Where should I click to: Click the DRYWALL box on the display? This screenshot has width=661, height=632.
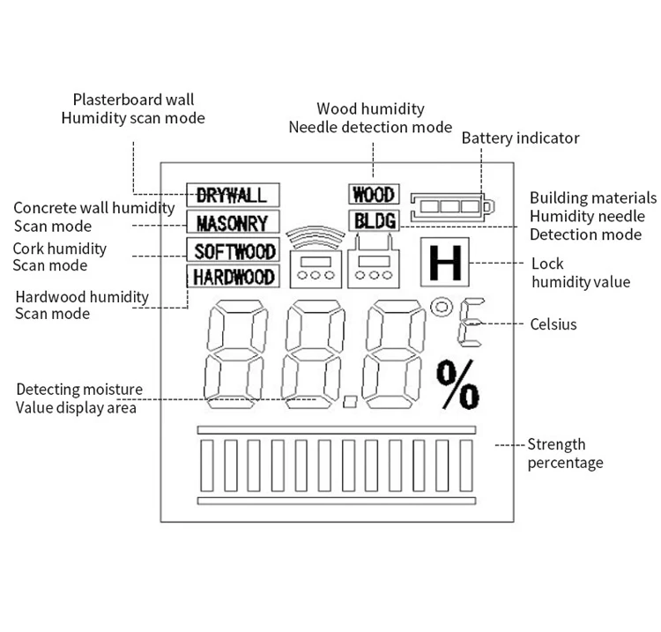click(232, 194)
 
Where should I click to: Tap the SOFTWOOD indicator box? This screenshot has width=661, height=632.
click(234, 250)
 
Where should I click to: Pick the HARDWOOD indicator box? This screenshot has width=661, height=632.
click(234, 277)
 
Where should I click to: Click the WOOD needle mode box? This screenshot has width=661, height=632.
click(373, 194)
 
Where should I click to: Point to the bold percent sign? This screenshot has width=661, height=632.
click(458, 385)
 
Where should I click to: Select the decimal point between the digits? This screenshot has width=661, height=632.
click(350, 401)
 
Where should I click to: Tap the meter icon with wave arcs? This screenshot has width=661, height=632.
click(316, 260)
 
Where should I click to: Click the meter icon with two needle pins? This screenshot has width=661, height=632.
click(375, 263)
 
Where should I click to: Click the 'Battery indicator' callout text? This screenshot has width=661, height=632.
click(521, 138)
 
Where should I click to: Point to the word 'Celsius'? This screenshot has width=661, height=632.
click(553, 324)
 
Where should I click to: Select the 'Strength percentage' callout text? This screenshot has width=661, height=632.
click(565, 454)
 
